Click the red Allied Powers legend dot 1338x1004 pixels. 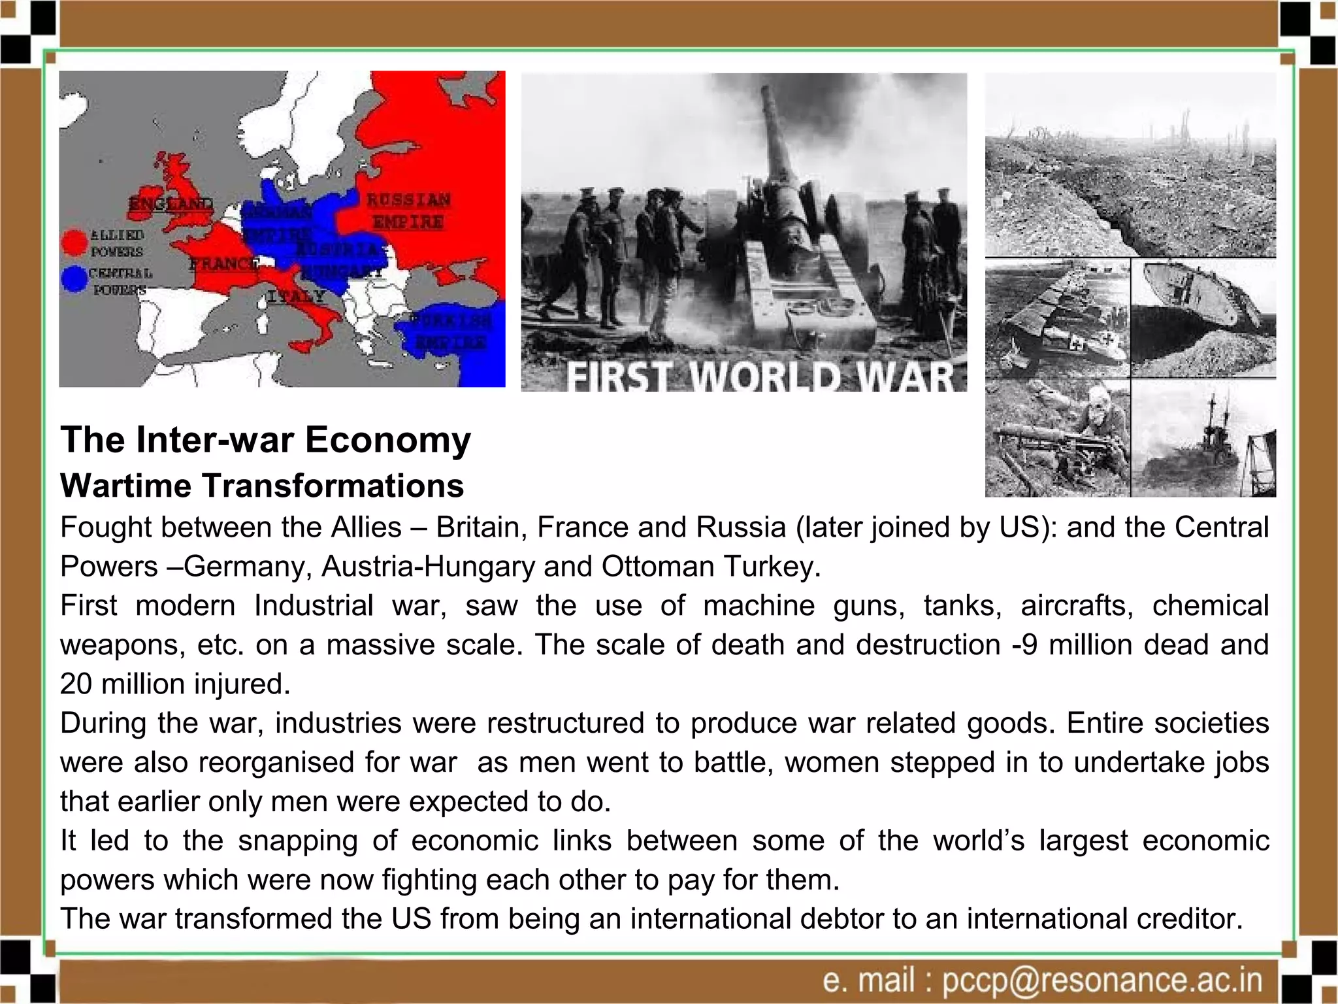(x=74, y=242)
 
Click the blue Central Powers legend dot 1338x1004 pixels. (x=74, y=279)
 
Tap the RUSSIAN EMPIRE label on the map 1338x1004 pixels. (x=408, y=210)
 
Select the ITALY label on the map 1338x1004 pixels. (x=296, y=296)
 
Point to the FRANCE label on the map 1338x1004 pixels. (x=222, y=264)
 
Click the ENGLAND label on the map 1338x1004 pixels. (x=171, y=204)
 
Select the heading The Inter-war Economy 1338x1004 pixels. (x=265, y=439)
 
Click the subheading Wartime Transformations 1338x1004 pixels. (x=262, y=486)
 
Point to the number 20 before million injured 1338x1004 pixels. (x=76, y=684)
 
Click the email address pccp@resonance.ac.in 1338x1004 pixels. (x=1103, y=980)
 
